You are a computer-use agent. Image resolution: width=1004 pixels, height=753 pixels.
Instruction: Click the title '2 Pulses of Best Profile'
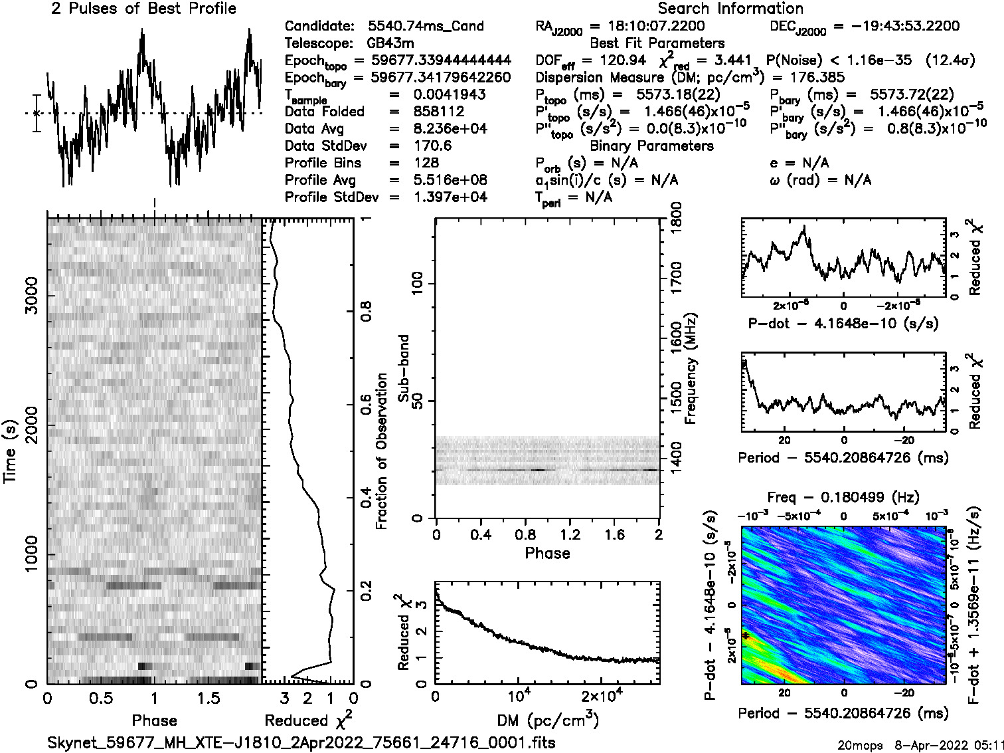pyautogui.click(x=143, y=9)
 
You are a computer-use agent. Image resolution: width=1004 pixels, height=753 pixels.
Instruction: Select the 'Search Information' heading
pyautogui.click(x=730, y=9)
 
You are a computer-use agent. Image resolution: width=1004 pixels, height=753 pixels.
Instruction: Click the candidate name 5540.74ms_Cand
pyautogui.click(x=426, y=27)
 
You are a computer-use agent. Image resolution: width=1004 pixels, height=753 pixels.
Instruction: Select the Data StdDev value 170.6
pyautogui.click(x=432, y=146)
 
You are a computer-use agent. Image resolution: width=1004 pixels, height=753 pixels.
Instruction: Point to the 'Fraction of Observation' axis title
pyautogui.click(x=382, y=451)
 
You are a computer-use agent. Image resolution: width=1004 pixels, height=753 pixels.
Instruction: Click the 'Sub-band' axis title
pyautogui.click(x=404, y=368)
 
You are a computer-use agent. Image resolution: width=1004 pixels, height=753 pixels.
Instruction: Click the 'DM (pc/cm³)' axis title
pyautogui.click(x=548, y=720)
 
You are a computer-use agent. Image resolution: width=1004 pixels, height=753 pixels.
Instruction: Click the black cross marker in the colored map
pyautogui.click(x=746, y=636)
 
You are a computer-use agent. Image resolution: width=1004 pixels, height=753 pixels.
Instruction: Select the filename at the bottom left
pyautogui.click(x=301, y=742)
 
